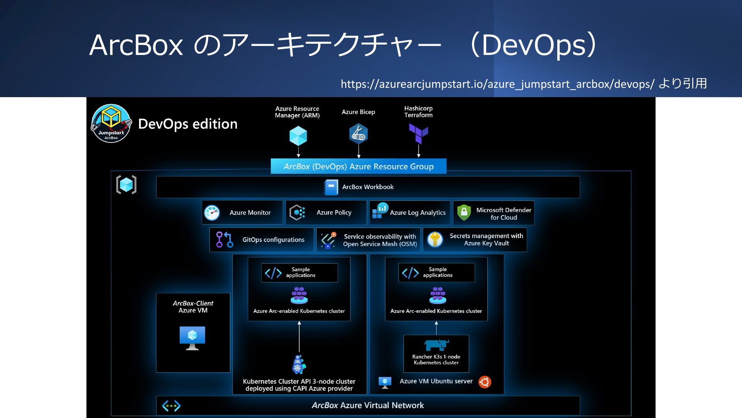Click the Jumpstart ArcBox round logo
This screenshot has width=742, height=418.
(x=111, y=123)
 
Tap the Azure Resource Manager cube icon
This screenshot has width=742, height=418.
(x=298, y=136)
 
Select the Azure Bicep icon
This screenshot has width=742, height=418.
(x=358, y=134)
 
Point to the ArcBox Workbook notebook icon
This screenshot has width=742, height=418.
(x=331, y=187)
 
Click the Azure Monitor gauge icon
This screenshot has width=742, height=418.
(x=212, y=213)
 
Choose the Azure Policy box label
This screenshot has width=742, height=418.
(x=334, y=212)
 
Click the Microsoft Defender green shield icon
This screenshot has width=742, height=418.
(x=464, y=212)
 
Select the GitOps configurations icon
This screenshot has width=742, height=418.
(x=225, y=240)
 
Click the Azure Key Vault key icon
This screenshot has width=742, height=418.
(x=435, y=240)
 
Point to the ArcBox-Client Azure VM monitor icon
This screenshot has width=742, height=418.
(x=192, y=338)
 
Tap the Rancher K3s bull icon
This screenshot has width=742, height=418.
(x=436, y=344)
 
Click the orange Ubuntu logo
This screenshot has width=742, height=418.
(x=485, y=382)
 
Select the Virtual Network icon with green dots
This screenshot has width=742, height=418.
(x=171, y=406)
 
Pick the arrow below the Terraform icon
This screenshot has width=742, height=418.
(x=419, y=151)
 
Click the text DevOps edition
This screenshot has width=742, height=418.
(x=188, y=124)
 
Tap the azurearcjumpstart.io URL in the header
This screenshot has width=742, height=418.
(x=498, y=84)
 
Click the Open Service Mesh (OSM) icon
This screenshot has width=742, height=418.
(x=328, y=240)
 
